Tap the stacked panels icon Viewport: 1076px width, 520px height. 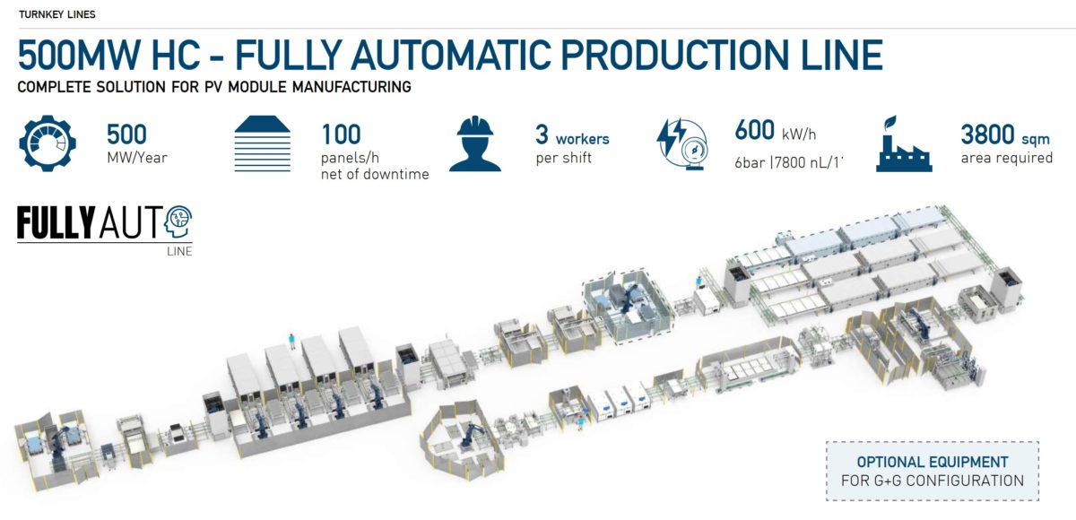(x=264, y=143)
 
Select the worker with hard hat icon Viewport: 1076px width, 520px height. (x=475, y=143)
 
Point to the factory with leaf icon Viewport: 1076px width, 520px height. (x=903, y=143)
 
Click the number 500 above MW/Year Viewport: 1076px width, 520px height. (x=126, y=134)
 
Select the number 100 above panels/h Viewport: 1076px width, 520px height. (x=341, y=134)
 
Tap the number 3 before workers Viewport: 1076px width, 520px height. (x=542, y=134)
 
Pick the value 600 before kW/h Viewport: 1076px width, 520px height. (x=754, y=131)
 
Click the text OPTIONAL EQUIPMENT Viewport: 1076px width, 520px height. (x=933, y=463)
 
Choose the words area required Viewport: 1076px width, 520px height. (x=1006, y=158)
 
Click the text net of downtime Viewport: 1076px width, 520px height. (x=375, y=174)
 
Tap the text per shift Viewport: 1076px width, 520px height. (x=563, y=158)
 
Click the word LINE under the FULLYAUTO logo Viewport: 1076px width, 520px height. (x=179, y=251)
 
